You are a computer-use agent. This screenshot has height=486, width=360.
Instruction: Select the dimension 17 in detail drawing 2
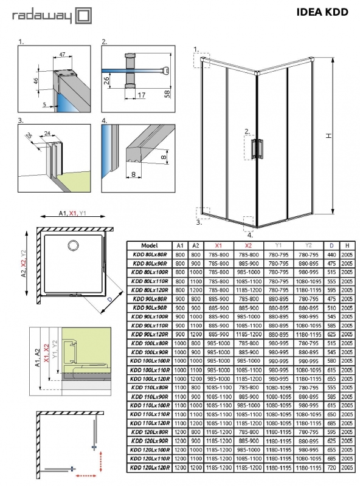pyautogui.click(x=141, y=95)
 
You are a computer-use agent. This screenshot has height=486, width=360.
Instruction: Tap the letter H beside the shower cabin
pyautogui.click(x=328, y=137)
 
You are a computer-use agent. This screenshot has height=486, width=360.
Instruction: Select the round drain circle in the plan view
pyautogui.click(x=74, y=245)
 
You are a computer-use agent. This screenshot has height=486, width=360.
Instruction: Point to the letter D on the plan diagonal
pyautogui.click(x=108, y=299)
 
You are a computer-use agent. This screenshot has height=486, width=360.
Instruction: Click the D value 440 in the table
pyautogui.click(x=331, y=255)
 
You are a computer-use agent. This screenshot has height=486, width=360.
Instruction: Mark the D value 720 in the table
pyautogui.click(x=331, y=468)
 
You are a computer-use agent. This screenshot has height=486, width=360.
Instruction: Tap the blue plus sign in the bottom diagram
pyautogui.click(x=73, y=468)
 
